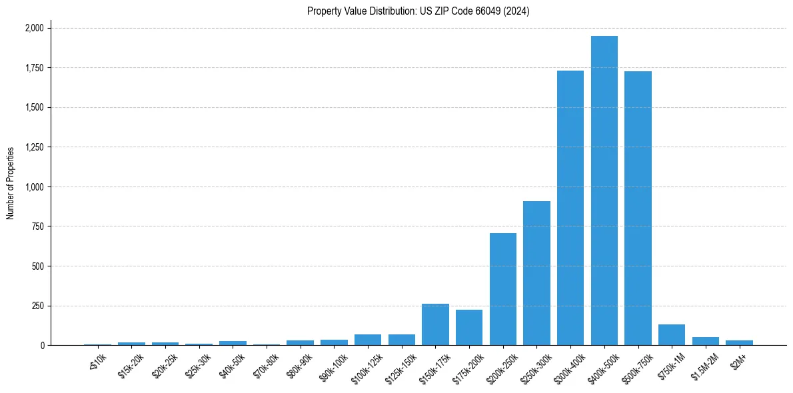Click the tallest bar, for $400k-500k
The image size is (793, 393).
point(604,191)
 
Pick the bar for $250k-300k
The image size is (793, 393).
point(536,273)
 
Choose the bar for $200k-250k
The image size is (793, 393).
point(503,289)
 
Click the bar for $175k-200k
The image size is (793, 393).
point(469,328)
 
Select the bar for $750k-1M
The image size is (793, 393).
point(672,335)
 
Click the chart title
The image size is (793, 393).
point(418,11)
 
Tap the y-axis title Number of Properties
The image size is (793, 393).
point(11,183)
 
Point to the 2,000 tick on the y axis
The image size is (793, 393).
point(35,28)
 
